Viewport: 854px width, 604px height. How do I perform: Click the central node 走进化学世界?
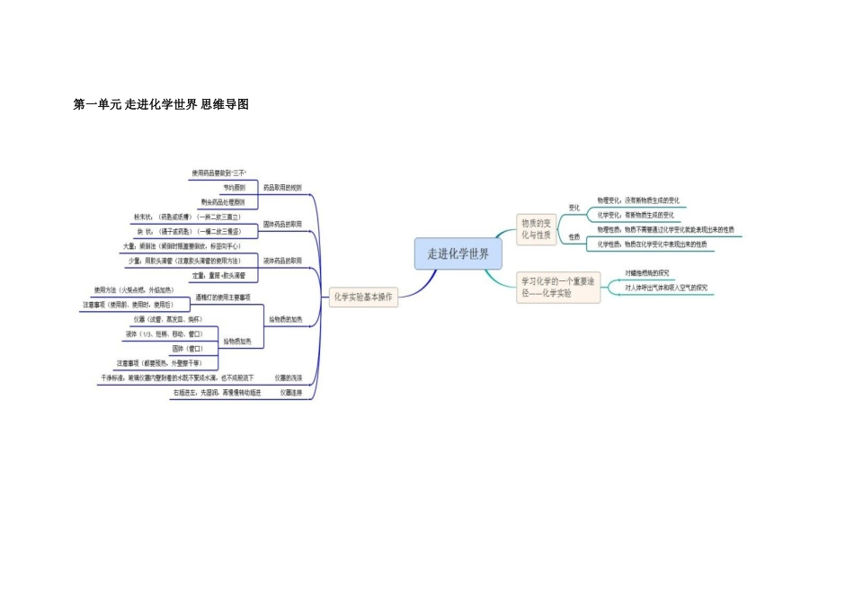[x=458, y=253]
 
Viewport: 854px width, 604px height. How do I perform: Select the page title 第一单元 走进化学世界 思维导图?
[x=161, y=104]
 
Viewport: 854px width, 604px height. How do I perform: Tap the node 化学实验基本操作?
[x=363, y=297]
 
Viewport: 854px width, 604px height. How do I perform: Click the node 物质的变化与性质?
[x=537, y=228]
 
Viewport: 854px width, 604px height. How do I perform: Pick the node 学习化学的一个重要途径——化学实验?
[x=558, y=287]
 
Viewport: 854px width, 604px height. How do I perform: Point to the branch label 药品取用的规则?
[x=282, y=188]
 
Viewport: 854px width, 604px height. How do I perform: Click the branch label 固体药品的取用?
[x=282, y=224]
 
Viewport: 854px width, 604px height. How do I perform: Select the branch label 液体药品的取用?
[x=282, y=261]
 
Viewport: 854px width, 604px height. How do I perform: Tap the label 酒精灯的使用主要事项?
[x=223, y=297]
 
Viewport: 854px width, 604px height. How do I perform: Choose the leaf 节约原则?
[x=235, y=188]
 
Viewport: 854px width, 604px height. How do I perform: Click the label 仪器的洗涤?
[x=289, y=378]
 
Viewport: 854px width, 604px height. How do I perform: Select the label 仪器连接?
[x=290, y=393]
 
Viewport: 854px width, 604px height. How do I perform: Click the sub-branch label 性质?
[x=574, y=237]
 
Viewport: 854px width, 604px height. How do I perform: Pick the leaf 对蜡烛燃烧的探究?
[x=647, y=272]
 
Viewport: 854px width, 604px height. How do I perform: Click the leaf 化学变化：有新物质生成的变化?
[x=636, y=215]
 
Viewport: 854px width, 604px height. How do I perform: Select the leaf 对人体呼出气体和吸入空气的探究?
[x=666, y=288]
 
